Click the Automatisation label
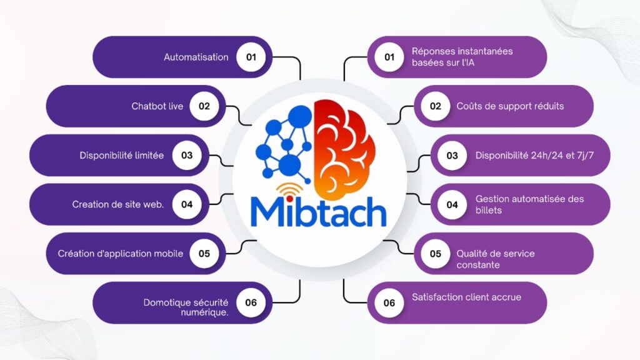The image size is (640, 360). coord(196,57)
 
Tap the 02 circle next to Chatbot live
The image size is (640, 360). coord(204,106)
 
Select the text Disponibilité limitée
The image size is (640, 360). coord(122,156)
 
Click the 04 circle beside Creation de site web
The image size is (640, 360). coord(187,204)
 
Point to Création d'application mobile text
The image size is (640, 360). coord(121,254)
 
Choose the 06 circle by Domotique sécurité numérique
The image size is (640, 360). coord(251,302)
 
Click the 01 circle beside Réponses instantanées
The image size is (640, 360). coord(389,57)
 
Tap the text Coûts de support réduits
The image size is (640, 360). coord(510,106)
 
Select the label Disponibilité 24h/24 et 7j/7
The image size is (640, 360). coord(533,156)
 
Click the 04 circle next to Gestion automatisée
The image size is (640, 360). coord(452,204)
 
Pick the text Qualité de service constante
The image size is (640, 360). coord(495,259)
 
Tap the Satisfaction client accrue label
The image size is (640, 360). coord(466,297)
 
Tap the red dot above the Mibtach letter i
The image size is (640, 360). coord(290,199)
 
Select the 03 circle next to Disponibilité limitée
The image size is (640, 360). coord(187,156)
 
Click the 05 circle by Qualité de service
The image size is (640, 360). coord(435,254)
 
